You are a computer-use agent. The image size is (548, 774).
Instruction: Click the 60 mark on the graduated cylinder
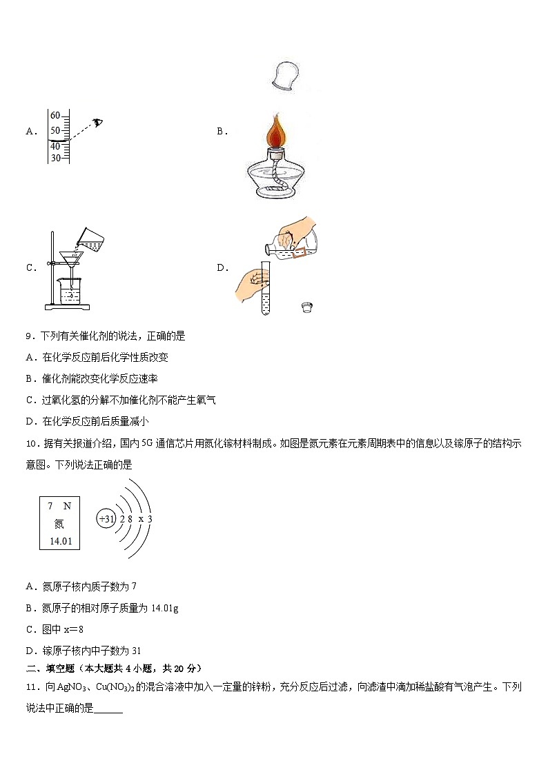[x=55, y=116]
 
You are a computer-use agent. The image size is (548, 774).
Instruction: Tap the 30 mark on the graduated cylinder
[x=55, y=158]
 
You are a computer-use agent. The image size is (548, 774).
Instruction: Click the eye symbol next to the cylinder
[x=99, y=123]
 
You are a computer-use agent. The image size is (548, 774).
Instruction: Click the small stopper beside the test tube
[x=306, y=307]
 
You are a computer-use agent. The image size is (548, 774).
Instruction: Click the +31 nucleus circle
[x=106, y=519]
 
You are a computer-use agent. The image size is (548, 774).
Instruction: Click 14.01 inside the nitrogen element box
[x=59, y=540]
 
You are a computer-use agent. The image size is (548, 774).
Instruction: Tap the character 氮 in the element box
[x=59, y=523]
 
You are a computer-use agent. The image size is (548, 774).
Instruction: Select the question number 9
[x=30, y=336]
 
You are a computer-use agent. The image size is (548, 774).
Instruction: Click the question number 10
[x=31, y=444]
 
